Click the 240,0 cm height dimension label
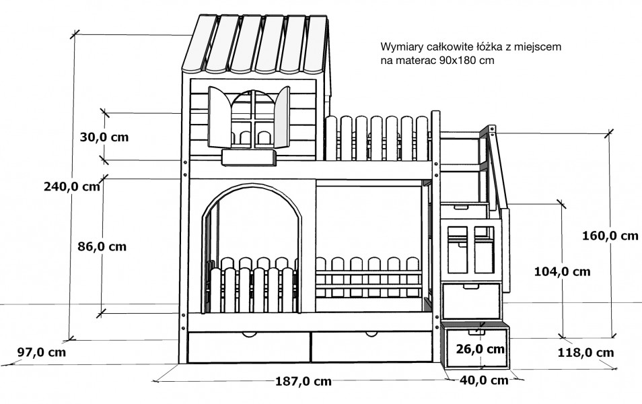tap(72, 187)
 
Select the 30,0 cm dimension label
tap(104, 137)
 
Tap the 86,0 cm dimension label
tap(102, 246)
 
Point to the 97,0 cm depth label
tap(41, 352)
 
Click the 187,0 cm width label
tap(304, 381)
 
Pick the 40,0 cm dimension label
tap(484, 380)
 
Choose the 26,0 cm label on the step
tap(480, 349)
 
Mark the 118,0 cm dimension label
tap(586, 352)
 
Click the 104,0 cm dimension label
tap(562, 271)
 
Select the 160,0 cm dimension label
tap(610, 236)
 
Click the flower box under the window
tap(248, 158)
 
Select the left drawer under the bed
tap(249, 347)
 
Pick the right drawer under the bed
tap(371, 347)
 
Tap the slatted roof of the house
tap(256, 45)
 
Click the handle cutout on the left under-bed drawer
tap(248, 335)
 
